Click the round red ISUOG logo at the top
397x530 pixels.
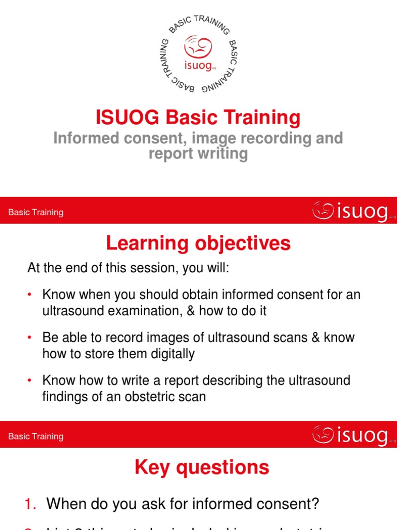198,53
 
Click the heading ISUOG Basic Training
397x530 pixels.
198,118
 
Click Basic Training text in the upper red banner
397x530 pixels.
36,212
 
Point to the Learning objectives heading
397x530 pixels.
198,243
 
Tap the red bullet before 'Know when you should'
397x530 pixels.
30,295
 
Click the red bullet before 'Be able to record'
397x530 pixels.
30,337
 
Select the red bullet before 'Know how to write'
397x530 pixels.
30,380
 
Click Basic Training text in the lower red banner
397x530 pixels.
36,436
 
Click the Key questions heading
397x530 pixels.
202,467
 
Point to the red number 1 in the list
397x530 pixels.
29,503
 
